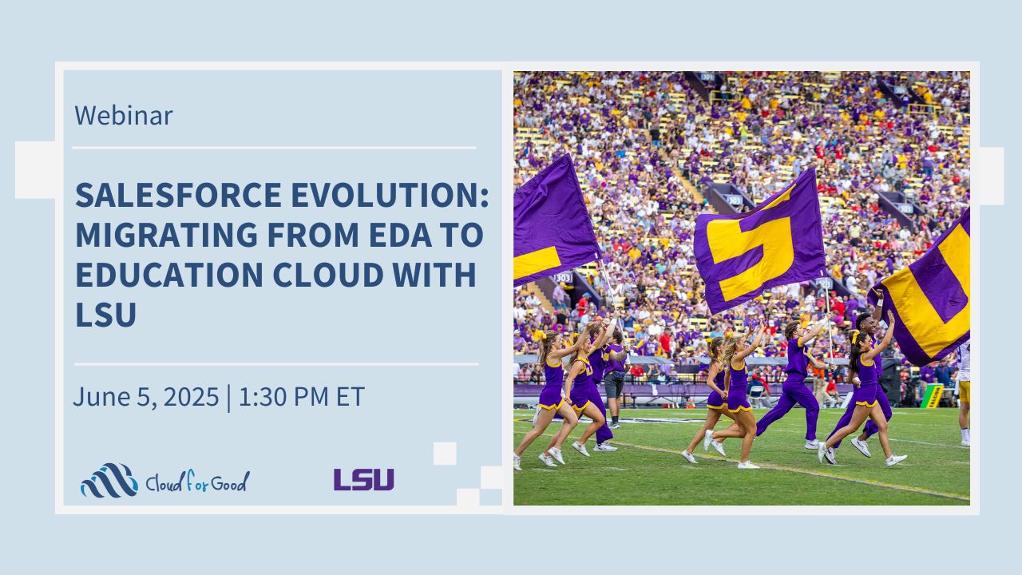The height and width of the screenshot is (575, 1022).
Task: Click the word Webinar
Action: tap(124, 115)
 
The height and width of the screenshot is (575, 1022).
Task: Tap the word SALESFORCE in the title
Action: tap(178, 195)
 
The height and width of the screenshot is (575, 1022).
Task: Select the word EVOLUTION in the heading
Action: tap(389, 195)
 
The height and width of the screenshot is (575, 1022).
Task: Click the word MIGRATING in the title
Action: tap(167, 235)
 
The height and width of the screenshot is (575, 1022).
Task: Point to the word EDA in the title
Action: tap(401, 235)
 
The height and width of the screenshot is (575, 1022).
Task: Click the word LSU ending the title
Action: tap(106, 314)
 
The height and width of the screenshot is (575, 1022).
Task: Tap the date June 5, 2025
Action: tap(146, 396)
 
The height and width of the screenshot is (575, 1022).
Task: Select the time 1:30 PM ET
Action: tap(301, 396)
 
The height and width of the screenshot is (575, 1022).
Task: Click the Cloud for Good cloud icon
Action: tap(109, 480)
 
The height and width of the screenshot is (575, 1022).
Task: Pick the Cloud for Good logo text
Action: tap(197, 481)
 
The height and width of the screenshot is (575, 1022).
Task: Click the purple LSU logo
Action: tap(363, 480)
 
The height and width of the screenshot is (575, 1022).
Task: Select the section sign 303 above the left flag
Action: tap(563, 277)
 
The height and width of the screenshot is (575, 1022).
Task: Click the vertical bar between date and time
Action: tap(228, 398)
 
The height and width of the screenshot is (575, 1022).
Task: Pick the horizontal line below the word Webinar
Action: tap(274, 148)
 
